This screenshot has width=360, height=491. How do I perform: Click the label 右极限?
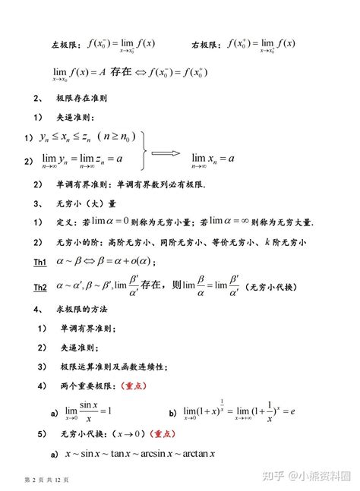click(x=205, y=45)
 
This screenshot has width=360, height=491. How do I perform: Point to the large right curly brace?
click(x=139, y=149)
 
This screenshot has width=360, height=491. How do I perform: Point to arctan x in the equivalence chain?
click(x=195, y=454)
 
